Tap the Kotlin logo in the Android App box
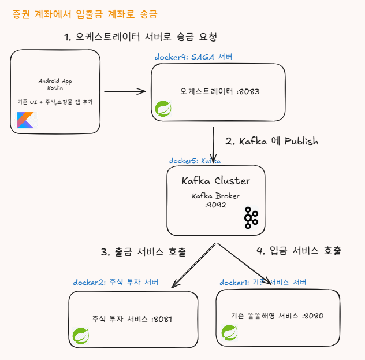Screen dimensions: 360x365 pos(25,120)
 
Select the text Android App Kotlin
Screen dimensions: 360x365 pos(55,84)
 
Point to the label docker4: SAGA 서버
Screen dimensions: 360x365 pos(193,57)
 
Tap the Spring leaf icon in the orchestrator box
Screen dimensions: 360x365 pos(163,109)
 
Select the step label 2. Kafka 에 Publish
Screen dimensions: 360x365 pos(271,141)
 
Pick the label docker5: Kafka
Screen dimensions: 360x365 pos(195,161)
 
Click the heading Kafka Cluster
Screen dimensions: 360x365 pos(216,180)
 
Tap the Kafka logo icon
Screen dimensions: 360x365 pos(251,217)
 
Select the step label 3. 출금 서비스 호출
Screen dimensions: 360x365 pos(144,252)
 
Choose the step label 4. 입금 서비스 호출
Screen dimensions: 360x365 pos(299,251)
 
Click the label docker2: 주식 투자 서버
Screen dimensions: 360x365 pos(116,282)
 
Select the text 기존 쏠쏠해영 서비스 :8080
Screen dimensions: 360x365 pos(277,316)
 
